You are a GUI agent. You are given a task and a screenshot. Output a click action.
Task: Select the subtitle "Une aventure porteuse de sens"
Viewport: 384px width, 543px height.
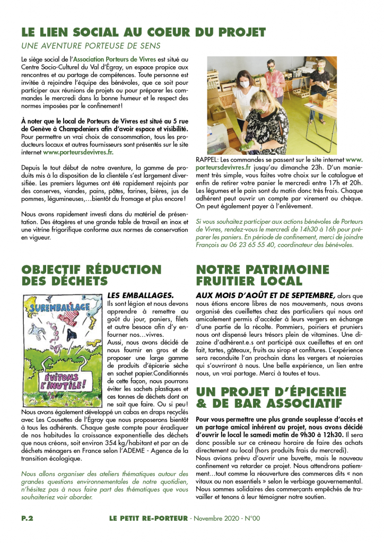[91, 46]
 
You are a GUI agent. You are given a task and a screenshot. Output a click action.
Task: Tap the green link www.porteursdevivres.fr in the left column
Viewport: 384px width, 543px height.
[78, 152]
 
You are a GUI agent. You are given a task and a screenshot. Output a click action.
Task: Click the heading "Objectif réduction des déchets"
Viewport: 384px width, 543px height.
[91, 275]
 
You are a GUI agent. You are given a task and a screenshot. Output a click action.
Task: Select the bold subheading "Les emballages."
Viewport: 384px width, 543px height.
[133, 295]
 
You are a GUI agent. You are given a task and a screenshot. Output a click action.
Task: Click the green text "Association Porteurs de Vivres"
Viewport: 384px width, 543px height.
[115, 59]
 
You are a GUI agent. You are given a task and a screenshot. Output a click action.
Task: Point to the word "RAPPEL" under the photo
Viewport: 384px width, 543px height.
[207, 159]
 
